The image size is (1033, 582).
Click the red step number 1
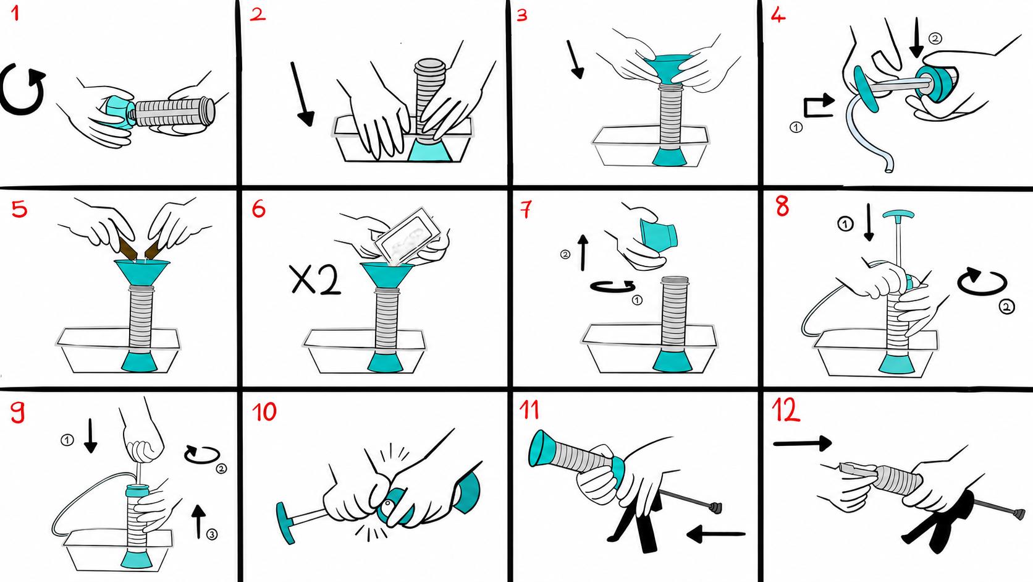15,14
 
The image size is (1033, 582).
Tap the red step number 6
259,209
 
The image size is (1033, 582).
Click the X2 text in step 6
316,280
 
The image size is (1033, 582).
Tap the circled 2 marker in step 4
935,38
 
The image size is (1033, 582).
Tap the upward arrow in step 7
583,252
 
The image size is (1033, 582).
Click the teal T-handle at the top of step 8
898,215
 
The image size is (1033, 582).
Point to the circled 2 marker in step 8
1006,307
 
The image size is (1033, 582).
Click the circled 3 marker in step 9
212,534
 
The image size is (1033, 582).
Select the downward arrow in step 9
90,435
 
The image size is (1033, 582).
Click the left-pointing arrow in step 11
715,534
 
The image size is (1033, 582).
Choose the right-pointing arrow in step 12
803,443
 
